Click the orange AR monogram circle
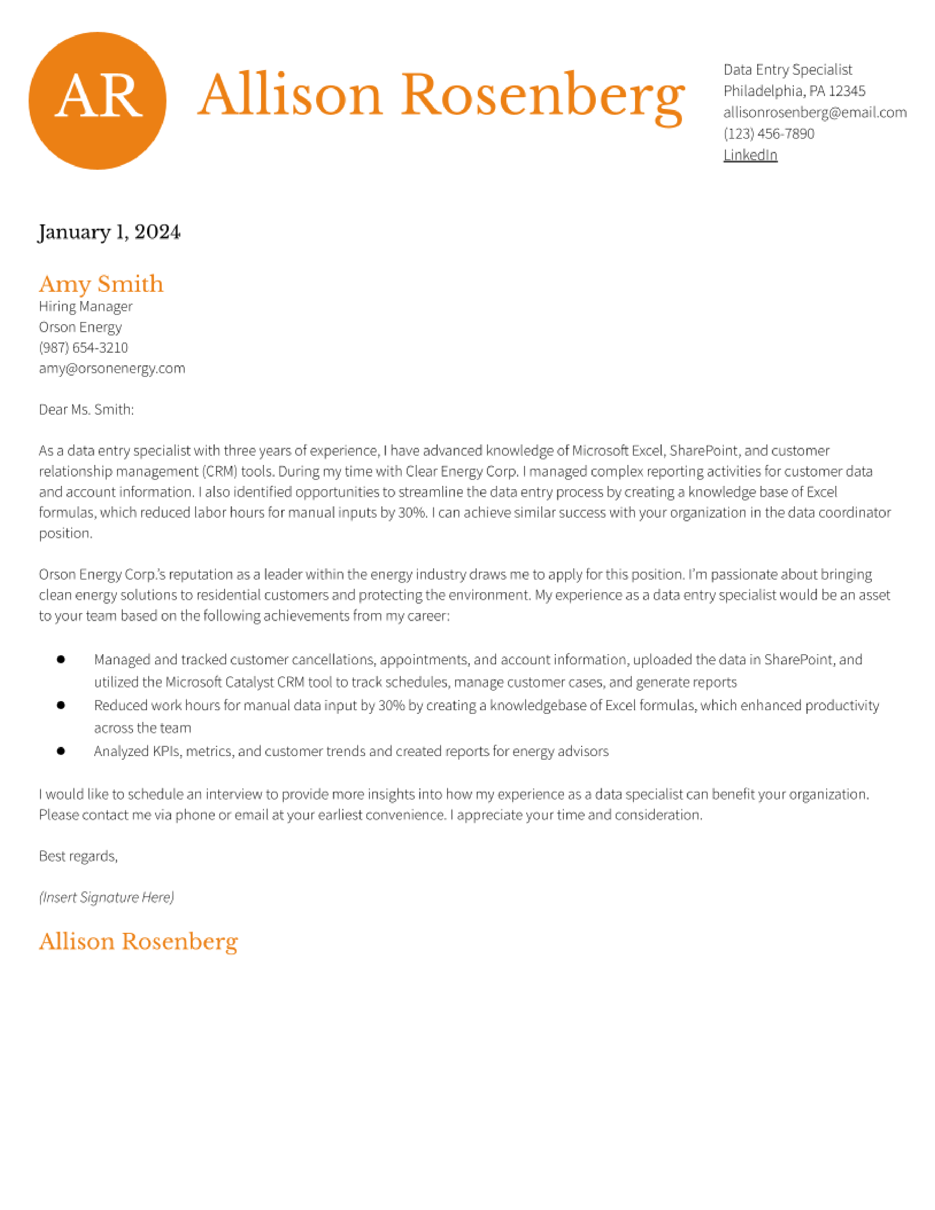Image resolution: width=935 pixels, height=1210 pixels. click(x=98, y=101)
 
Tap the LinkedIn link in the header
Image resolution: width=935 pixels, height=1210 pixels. click(x=750, y=155)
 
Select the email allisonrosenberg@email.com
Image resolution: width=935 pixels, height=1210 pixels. click(x=814, y=113)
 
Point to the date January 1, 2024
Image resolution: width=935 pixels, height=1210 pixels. click(x=109, y=232)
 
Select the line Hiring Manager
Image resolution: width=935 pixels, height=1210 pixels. click(x=85, y=307)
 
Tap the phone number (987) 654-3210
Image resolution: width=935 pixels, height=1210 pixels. click(x=83, y=348)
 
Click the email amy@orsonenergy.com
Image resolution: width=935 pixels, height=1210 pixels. click(x=112, y=368)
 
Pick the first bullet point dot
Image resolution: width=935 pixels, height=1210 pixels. click(x=61, y=659)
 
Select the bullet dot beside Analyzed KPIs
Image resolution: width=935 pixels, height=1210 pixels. click(x=61, y=751)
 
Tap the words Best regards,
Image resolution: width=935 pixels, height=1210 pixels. click(x=78, y=857)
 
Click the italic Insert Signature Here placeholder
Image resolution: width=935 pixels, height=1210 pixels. click(x=106, y=898)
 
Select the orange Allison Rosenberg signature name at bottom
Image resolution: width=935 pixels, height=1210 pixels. click(x=139, y=942)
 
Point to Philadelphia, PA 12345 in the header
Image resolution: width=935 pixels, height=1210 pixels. click(x=794, y=91)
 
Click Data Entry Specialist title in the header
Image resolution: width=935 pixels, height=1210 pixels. click(x=787, y=70)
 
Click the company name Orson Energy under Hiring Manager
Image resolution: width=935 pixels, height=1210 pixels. click(x=80, y=327)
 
